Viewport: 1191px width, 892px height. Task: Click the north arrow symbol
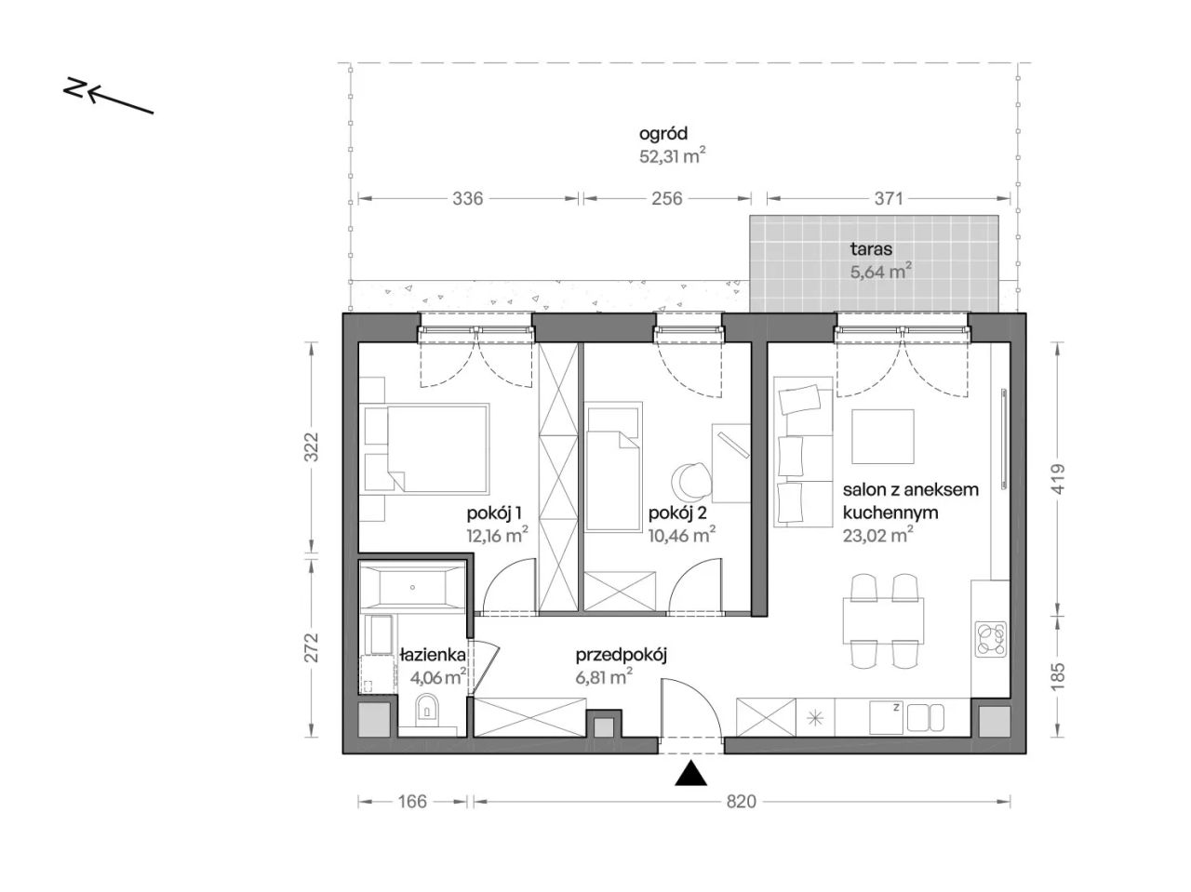108,97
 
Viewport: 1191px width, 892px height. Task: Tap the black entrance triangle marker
690,773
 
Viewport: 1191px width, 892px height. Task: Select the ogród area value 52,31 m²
672,156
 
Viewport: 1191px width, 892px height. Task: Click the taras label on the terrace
871,249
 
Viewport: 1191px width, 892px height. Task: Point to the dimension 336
467,199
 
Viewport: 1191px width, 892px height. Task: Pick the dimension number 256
666,199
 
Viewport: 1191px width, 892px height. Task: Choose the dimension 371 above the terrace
889,199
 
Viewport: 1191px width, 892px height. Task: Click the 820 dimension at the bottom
741,802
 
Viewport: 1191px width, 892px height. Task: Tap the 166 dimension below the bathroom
412,802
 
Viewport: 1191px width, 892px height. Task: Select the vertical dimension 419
1058,478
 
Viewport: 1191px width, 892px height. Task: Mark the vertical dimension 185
1058,676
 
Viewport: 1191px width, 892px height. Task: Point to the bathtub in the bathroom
413,587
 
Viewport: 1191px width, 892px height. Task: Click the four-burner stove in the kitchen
991,639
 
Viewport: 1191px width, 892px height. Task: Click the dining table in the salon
883,620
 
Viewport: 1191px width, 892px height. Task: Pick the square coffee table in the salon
882,436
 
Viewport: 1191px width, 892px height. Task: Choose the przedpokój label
621,656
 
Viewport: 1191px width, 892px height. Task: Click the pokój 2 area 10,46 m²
681,536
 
